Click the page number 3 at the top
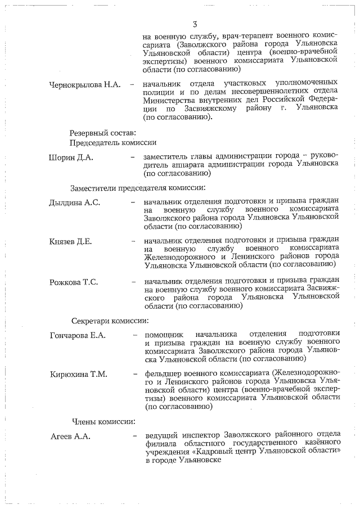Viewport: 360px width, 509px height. click(x=195, y=24)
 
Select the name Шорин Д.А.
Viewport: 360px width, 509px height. click(x=71, y=157)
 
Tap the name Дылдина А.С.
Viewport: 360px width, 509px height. click(x=75, y=202)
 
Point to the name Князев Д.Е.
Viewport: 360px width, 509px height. click(x=71, y=242)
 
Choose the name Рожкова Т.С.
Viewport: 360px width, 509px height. click(x=74, y=282)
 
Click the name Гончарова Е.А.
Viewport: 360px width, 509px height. click(x=78, y=336)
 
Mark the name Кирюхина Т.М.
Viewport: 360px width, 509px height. click(x=79, y=374)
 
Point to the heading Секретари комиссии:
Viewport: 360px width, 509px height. click(x=110, y=321)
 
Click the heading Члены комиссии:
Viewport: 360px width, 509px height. click(x=102, y=421)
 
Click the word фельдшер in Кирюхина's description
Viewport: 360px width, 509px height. click(x=164, y=373)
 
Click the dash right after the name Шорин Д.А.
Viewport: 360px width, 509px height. click(x=133, y=157)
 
